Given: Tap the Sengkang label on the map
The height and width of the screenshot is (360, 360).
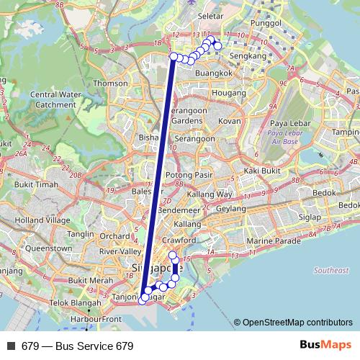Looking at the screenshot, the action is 258,55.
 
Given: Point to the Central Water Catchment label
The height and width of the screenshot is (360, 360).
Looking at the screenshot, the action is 54,99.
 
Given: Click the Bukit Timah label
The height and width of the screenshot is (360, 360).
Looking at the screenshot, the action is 37,184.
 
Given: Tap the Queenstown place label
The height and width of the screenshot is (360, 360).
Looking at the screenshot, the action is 48,248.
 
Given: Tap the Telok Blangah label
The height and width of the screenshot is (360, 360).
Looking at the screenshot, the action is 55,302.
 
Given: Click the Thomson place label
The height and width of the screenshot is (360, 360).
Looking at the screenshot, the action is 109,83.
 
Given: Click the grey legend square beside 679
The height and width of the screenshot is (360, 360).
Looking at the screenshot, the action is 10,346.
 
